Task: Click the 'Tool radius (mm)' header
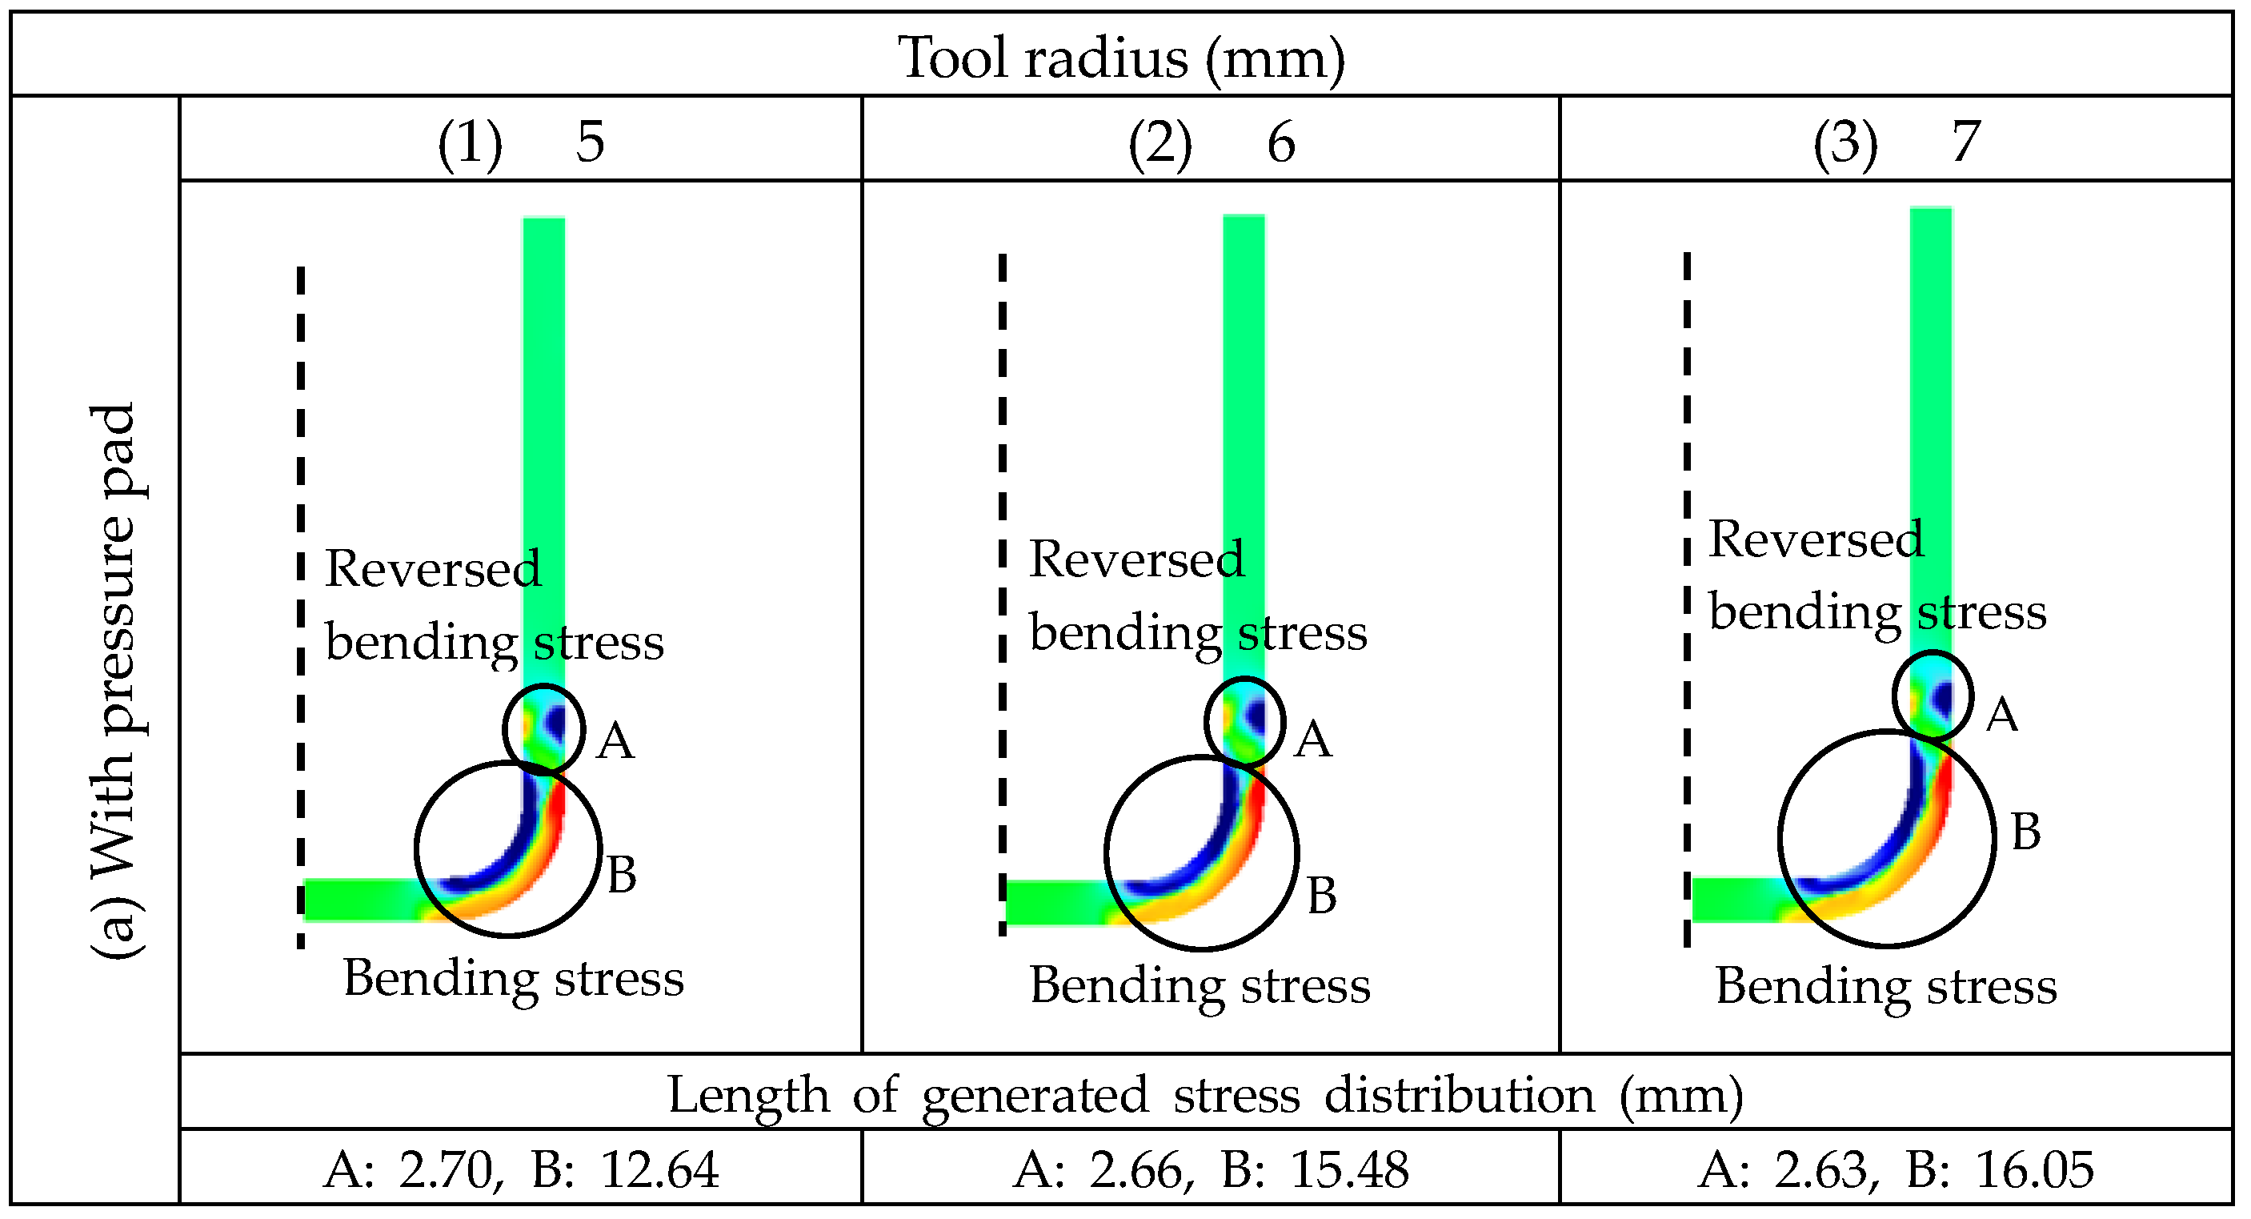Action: (x=1122, y=58)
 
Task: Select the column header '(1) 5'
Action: (x=521, y=142)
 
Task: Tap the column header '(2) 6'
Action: (x=1212, y=142)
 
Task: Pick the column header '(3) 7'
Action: (x=1897, y=142)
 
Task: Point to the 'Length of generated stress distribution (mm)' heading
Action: (x=1205, y=1095)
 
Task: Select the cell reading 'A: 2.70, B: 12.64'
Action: (x=521, y=1169)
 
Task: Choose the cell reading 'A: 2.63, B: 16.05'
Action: (x=1896, y=1169)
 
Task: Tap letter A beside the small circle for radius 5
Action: (x=615, y=742)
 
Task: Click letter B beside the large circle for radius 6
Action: (x=1322, y=896)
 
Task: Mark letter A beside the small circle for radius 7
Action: (x=2002, y=716)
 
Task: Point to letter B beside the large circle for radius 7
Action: (x=2026, y=832)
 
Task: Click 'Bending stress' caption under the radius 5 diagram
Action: (x=514, y=978)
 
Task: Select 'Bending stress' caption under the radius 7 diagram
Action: (x=1886, y=987)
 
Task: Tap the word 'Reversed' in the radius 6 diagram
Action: (x=1136, y=559)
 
